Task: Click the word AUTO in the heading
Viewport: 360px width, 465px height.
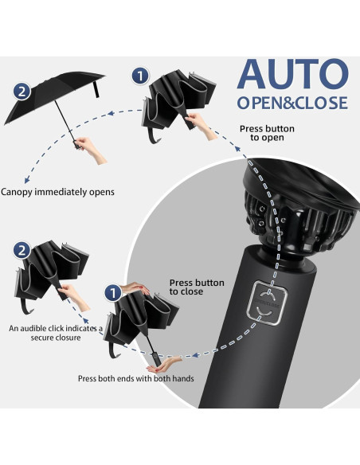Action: pos(293,74)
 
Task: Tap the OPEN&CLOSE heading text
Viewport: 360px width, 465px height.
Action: pos(292,103)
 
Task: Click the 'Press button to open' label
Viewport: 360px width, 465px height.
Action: pos(267,133)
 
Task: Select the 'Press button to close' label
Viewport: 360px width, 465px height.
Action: pos(197,287)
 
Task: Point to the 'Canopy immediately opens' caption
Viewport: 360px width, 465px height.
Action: pos(57,192)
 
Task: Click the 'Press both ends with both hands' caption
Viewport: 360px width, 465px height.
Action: pos(136,379)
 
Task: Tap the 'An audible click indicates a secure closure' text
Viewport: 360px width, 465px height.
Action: pos(56,333)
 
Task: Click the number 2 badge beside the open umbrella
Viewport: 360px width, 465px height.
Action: pos(22,92)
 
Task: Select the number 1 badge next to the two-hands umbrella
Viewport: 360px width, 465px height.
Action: pos(113,293)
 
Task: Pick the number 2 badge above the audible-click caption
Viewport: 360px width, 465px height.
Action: pos(22,251)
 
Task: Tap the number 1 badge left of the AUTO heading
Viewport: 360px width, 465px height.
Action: pos(140,76)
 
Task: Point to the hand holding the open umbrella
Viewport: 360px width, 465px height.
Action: pos(91,150)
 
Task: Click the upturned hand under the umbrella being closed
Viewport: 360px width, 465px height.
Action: pos(164,365)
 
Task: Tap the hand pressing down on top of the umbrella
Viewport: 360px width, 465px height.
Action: pos(135,288)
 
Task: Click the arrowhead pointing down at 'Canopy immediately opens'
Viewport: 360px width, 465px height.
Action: pos(27,180)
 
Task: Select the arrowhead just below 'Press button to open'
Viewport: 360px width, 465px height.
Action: pos(237,148)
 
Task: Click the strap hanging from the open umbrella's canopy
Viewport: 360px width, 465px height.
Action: pos(96,89)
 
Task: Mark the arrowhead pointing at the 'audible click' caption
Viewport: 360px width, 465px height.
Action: pos(86,321)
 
